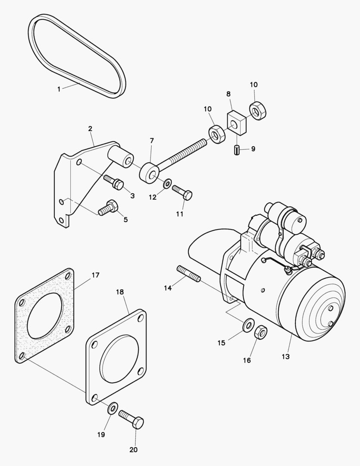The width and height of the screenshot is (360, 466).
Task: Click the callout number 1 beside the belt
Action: (59, 89)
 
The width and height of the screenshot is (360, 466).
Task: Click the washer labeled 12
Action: (167, 184)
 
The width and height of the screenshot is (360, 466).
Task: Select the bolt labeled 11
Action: (182, 192)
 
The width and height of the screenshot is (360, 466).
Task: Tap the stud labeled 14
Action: (188, 275)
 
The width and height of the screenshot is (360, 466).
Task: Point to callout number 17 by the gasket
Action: (95, 275)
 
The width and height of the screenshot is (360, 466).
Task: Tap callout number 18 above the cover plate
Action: (120, 292)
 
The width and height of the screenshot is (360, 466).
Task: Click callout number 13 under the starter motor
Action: (285, 357)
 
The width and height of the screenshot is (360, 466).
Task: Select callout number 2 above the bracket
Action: (90, 129)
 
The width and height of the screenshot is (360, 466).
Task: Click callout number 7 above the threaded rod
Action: (151, 141)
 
